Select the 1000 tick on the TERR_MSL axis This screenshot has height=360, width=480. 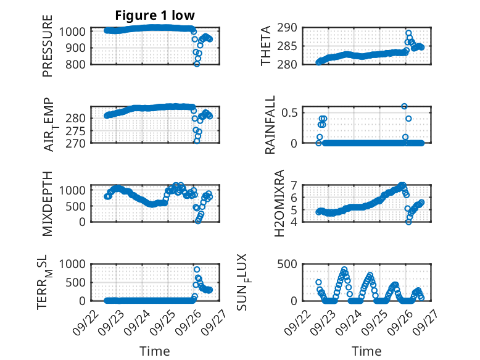tap(75, 264)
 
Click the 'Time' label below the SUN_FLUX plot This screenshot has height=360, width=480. tap(366, 351)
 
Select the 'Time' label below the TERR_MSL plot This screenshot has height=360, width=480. tap(151, 351)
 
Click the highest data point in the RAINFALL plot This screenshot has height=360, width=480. tap(404, 106)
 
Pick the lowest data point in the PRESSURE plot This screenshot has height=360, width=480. tap(197, 64)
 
